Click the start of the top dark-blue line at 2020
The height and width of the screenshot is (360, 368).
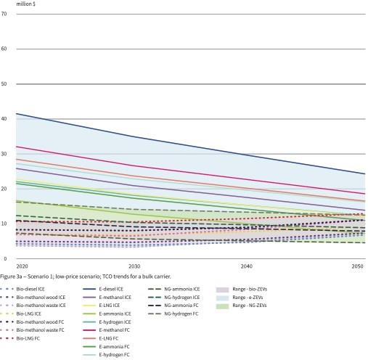point(16,113)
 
